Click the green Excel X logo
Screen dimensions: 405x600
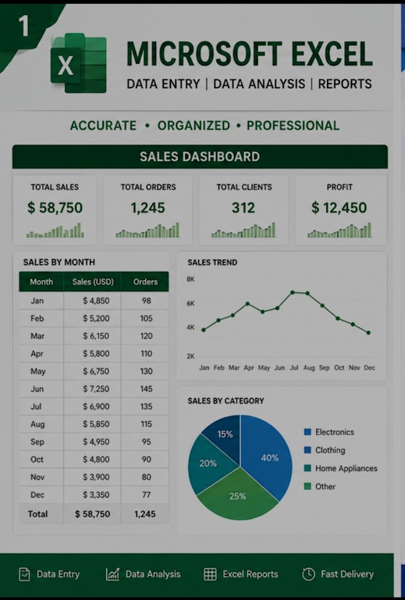79,63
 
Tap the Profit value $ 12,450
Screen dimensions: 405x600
339,208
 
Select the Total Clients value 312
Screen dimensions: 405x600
243,208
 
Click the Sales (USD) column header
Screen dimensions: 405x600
93,282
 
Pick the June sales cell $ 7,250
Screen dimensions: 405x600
96,388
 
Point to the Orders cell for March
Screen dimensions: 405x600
146,336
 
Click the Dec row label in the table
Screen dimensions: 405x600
37,495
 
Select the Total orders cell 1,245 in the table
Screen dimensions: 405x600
145,514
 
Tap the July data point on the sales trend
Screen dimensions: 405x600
292,293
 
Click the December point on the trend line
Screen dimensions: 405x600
368,333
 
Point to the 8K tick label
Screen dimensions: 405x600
191,279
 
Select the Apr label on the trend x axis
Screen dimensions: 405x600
249,368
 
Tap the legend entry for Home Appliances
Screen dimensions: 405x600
340,468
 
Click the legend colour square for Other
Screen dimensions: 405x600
307,486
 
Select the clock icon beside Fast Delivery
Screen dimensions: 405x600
309,574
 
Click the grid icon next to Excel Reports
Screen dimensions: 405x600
210,574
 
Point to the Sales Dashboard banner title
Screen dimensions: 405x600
200,157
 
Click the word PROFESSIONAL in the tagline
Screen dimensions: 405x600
293,126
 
